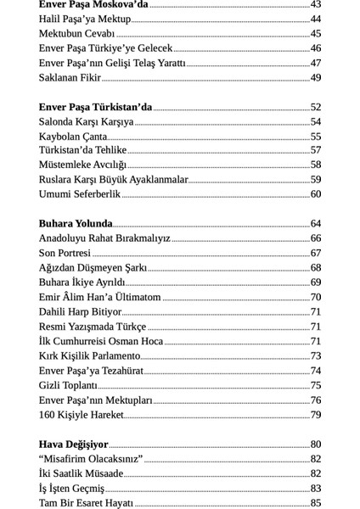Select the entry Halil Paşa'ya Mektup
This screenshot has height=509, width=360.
pos(85,20)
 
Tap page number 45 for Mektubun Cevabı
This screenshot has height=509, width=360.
pos(316,34)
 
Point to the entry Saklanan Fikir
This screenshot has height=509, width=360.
pos(70,78)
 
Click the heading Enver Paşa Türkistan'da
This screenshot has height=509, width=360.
pos(95,108)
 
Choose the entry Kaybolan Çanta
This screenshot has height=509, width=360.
pos(73,137)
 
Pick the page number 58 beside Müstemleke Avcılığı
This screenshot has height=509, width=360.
pos(316,165)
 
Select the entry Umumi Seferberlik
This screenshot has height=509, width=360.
pos(80,194)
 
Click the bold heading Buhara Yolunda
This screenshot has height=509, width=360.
pos(76,224)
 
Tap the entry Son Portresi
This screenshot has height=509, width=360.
pos(65,253)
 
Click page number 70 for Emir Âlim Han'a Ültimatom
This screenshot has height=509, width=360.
pos(316,298)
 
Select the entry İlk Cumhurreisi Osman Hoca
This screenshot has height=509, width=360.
pos(101,341)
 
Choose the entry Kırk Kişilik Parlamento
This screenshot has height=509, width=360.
pos(89,356)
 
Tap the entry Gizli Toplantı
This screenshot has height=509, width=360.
pos(68,385)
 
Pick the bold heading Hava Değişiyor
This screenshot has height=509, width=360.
pos(74,445)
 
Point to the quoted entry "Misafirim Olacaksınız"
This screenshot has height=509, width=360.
pos(90,459)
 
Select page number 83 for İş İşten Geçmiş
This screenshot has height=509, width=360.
pos(316,489)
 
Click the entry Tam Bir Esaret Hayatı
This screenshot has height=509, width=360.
pos(86,503)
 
